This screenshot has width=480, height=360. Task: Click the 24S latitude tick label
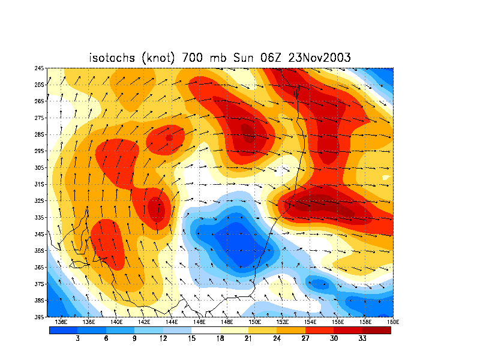click(40, 68)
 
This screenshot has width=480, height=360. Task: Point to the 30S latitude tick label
click(40, 167)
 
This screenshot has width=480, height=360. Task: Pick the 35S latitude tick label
click(40, 250)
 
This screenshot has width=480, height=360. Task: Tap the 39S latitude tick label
click(40, 316)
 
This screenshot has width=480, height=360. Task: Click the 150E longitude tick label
click(254, 322)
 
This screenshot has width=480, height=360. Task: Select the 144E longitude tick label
click(171, 322)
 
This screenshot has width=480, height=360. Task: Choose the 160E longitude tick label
click(392, 322)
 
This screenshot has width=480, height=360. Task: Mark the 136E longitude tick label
click(60, 322)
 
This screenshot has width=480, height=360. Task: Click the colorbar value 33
click(363, 338)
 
